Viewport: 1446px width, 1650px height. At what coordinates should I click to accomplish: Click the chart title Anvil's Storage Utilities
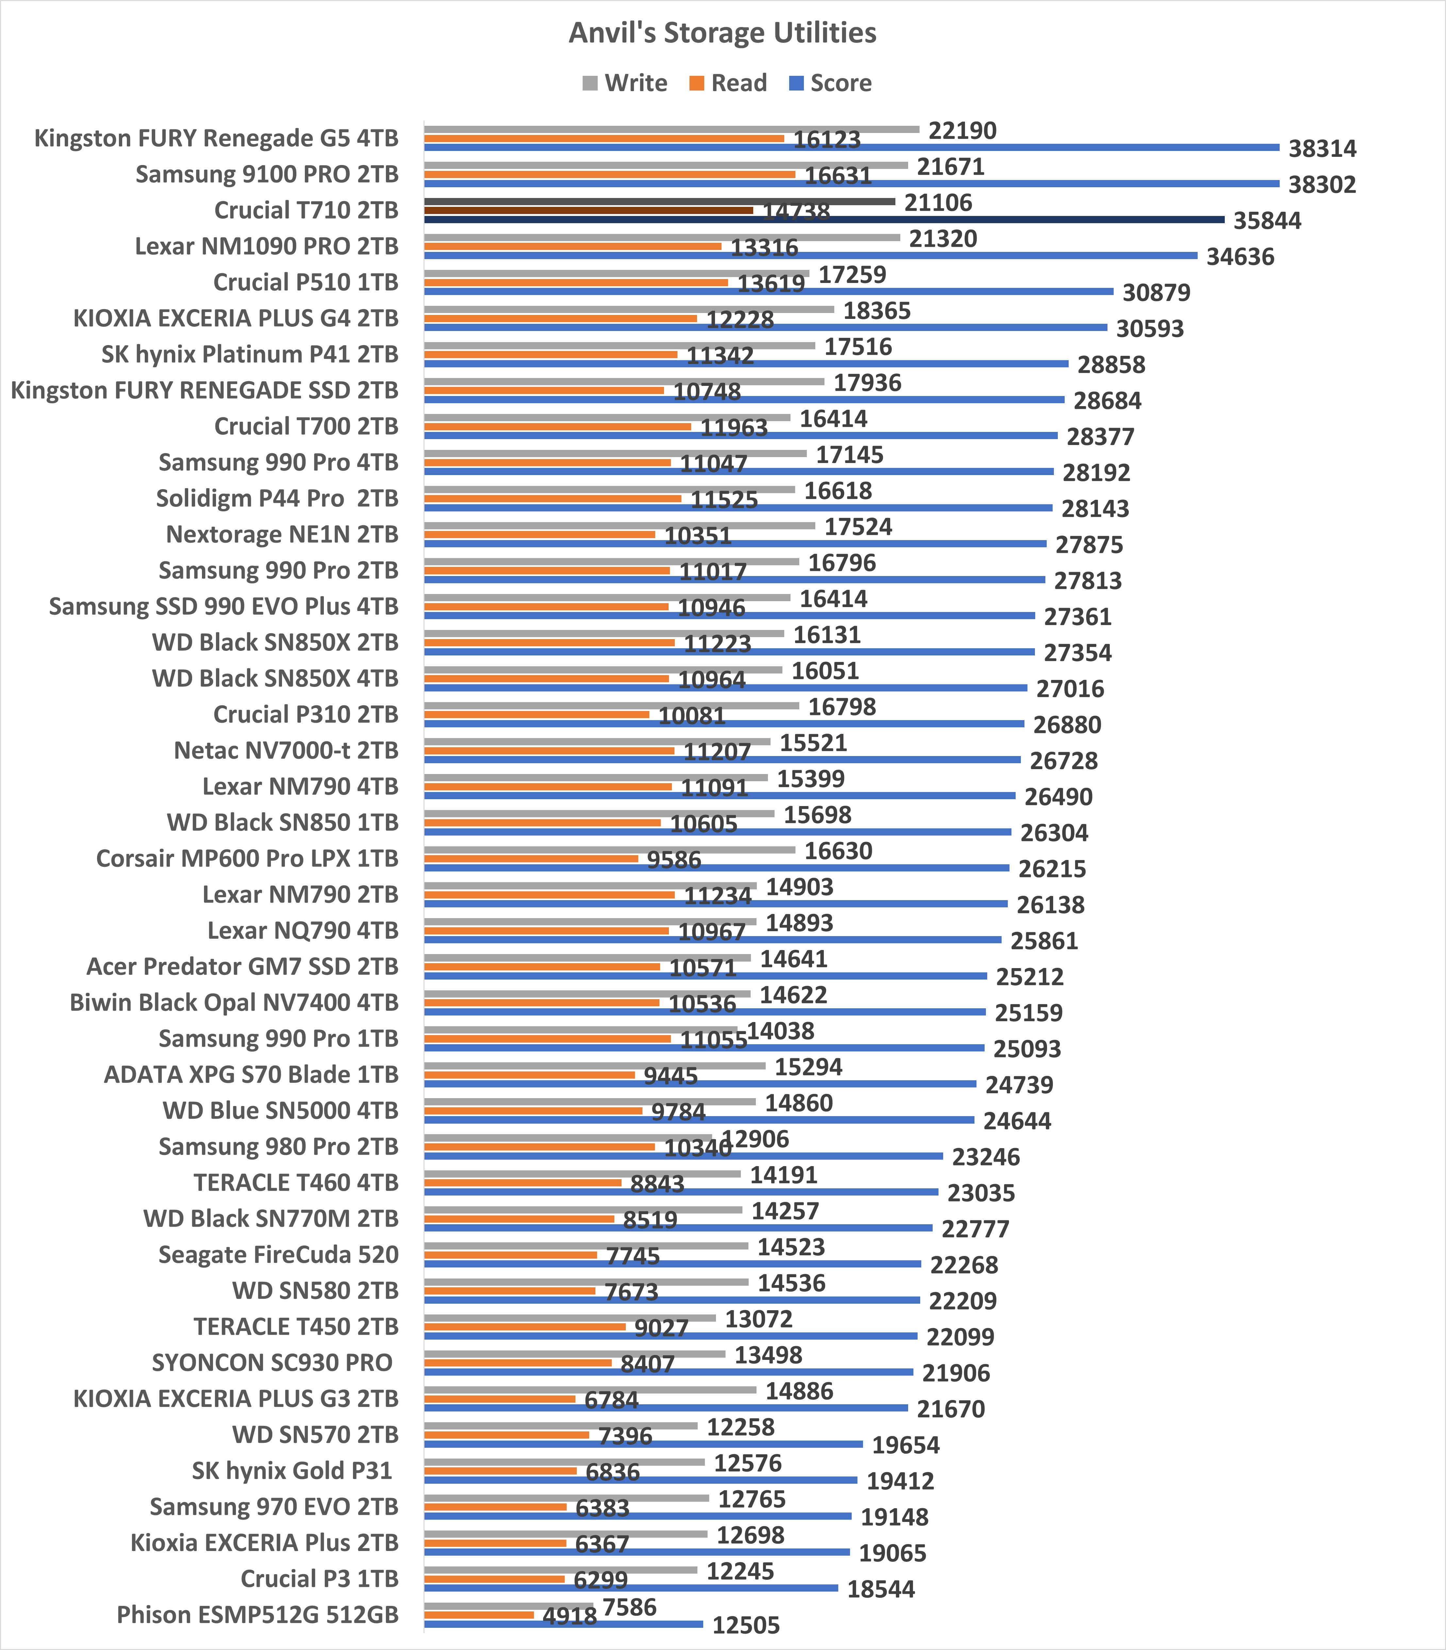[x=722, y=33]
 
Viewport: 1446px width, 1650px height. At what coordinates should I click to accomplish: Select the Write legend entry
[x=625, y=83]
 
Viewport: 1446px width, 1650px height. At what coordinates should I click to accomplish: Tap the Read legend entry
[x=729, y=83]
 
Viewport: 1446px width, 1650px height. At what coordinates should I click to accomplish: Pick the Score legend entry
[x=831, y=83]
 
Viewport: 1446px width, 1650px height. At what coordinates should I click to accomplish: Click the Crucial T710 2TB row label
[x=306, y=211]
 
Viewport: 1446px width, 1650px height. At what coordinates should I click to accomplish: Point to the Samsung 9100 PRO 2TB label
[x=266, y=174]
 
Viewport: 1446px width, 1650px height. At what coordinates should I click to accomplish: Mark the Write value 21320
[x=942, y=239]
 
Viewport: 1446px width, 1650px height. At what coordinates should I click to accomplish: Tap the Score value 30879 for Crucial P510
[x=1156, y=293]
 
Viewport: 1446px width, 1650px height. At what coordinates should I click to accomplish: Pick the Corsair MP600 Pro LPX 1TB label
[x=247, y=858]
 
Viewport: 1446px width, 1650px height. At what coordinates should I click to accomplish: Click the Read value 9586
[x=674, y=860]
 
